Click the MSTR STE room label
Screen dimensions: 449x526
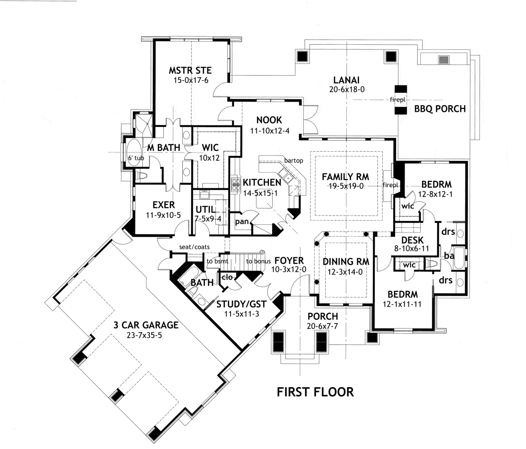click(x=190, y=70)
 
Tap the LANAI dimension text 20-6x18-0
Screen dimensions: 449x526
click(x=346, y=89)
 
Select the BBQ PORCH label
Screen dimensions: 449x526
click(x=440, y=109)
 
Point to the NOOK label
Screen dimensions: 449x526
click(x=269, y=120)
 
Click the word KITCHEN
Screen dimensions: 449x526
click(x=262, y=182)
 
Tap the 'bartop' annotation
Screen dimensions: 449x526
click(x=293, y=161)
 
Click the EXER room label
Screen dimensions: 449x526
click(x=163, y=205)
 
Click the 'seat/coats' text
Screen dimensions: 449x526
click(x=192, y=247)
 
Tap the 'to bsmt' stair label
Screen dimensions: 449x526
click(x=216, y=262)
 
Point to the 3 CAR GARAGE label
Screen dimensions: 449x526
click(x=146, y=325)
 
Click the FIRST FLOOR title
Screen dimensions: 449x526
click(x=315, y=391)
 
